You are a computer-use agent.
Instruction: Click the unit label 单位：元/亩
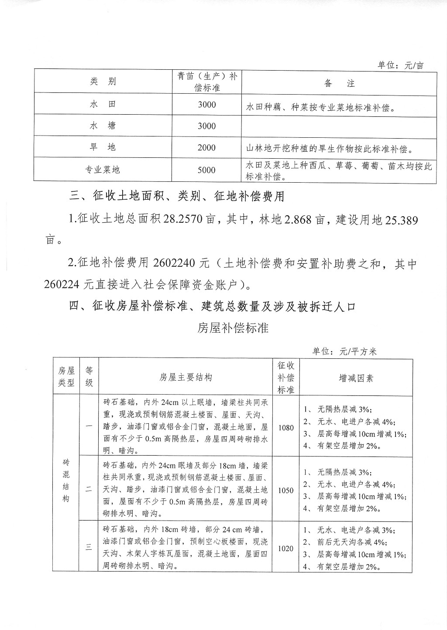(x=400, y=65)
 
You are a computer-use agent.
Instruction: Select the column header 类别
(x=103, y=82)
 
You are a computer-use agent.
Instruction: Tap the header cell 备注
(x=339, y=83)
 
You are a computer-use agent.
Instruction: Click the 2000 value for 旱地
(x=206, y=147)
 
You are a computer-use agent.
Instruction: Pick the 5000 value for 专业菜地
(x=206, y=170)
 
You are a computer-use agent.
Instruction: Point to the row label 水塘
(x=103, y=126)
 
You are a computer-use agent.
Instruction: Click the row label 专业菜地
(x=103, y=170)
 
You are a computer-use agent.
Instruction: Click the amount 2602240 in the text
(x=174, y=264)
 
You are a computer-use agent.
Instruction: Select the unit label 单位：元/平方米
(x=344, y=352)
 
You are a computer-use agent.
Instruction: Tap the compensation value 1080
(x=285, y=428)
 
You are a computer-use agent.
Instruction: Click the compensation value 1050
(x=285, y=490)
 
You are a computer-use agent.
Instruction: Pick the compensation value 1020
(x=285, y=548)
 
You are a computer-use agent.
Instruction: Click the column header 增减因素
(x=356, y=378)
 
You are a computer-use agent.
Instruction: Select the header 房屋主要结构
(x=186, y=378)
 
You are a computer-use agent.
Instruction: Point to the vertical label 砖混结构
(x=66, y=480)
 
